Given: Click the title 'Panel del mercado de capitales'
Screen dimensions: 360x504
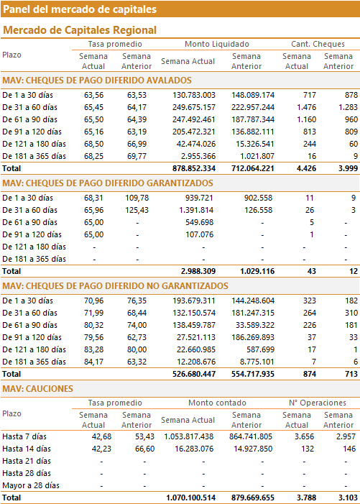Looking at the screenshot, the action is pos(80,9).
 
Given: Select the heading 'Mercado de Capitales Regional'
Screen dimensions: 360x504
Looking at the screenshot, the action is pos(80,30).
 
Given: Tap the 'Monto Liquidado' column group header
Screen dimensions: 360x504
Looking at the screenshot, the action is pos(217,44).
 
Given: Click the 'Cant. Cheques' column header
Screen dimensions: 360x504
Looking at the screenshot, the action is pos(318,44).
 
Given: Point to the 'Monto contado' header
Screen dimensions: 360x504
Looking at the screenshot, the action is pos(217,403).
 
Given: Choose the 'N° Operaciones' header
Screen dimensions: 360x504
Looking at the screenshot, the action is pos(318,403).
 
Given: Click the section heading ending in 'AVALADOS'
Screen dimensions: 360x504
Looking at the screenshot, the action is pos(97,81).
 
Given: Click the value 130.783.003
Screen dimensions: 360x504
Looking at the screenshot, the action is pos(194,95).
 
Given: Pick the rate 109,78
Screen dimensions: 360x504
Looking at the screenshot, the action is pos(137,198).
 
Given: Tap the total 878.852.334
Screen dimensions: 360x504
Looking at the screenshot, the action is pos(194,168).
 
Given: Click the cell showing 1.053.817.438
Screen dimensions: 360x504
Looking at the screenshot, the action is pos(188,437).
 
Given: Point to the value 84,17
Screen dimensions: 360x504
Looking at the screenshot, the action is pos(94,362).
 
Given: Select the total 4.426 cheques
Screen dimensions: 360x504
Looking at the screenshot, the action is pos(306,168).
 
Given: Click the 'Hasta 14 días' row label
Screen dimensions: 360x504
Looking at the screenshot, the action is pos(27,449).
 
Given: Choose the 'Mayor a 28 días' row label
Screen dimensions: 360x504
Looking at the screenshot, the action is pos(31,486).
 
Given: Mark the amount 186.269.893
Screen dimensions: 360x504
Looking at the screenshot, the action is pos(253,337).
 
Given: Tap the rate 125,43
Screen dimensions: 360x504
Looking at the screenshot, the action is pos(137,210).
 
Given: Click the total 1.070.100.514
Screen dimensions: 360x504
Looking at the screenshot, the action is pos(190,498).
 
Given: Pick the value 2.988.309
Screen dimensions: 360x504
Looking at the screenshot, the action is pos(198,271).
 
